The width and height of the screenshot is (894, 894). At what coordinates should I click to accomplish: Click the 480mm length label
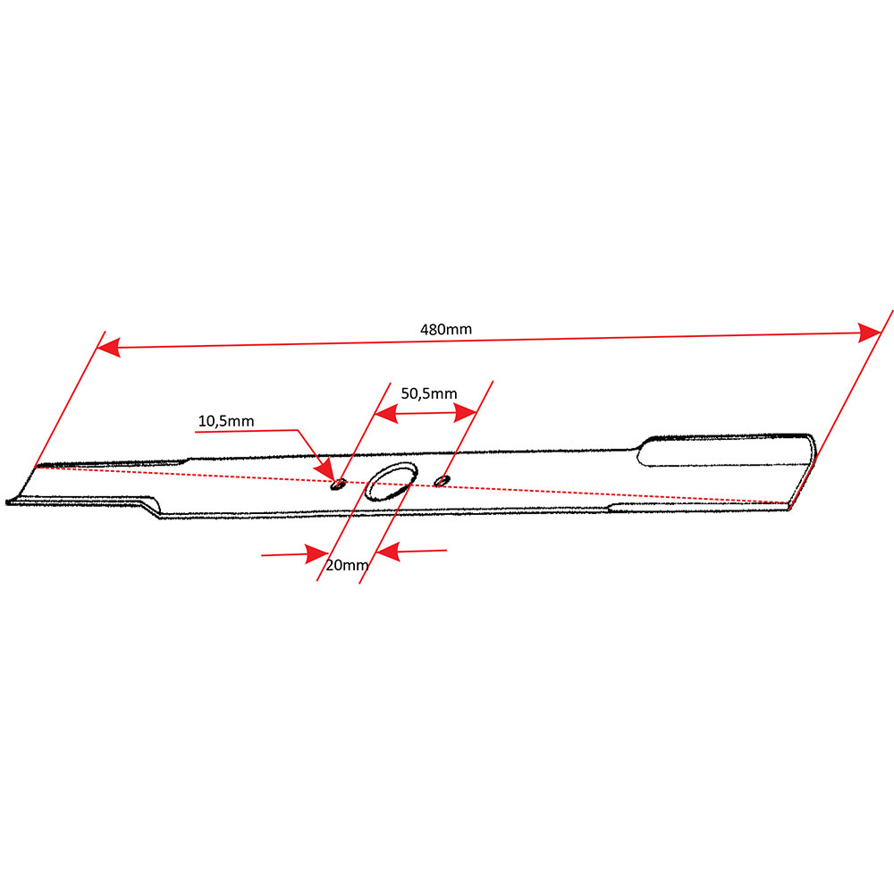pyautogui.click(x=446, y=330)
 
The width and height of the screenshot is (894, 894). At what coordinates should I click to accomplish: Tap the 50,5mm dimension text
pyautogui.click(x=429, y=393)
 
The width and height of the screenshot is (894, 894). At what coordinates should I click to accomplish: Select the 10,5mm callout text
pyautogui.click(x=226, y=421)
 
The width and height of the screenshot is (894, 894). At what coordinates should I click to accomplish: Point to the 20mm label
pyautogui.click(x=347, y=565)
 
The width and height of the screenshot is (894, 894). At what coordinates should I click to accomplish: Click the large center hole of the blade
pyautogui.click(x=392, y=482)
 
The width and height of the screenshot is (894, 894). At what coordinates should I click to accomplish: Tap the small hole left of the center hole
pyautogui.click(x=339, y=485)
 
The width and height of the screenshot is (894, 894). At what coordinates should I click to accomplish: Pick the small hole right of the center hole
pyautogui.click(x=442, y=481)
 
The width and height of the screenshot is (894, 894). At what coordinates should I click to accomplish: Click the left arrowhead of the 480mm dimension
pyautogui.click(x=108, y=347)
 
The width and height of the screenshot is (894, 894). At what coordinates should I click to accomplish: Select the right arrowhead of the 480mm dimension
pyautogui.click(x=870, y=333)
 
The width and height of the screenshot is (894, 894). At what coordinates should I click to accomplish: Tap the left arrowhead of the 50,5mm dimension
pyautogui.click(x=386, y=413)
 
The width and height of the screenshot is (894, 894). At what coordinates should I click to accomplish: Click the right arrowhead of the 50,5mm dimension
pyautogui.click(x=465, y=412)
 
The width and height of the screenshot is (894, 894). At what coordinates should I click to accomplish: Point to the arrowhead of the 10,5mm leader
pyautogui.click(x=326, y=471)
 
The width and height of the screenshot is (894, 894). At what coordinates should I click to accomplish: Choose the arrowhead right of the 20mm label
pyautogui.click(x=388, y=552)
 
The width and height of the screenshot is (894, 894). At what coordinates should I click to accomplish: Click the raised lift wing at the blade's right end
pyautogui.click(x=725, y=451)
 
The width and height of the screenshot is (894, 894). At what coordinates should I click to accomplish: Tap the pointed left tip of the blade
pyautogui.click(x=8, y=502)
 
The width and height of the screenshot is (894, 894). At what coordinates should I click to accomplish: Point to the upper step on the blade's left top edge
pyautogui.click(x=187, y=460)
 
